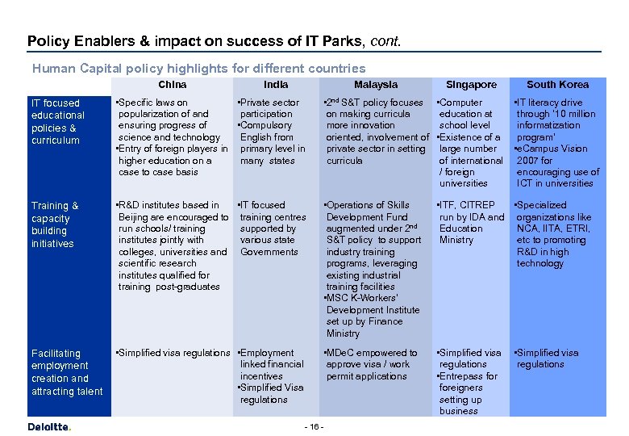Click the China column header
(x=172, y=85)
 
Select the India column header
(x=276, y=85)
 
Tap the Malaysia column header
(x=375, y=85)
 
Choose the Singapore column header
(x=472, y=85)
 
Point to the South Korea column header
(x=557, y=85)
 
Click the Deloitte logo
(x=49, y=426)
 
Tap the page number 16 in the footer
(x=314, y=426)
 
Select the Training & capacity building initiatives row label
(x=55, y=224)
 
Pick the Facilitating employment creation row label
(x=66, y=372)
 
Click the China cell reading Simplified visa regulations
(x=173, y=353)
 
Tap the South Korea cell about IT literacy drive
(x=557, y=142)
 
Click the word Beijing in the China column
(x=135, y=217)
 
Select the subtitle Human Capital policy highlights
(x=198, y=69)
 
